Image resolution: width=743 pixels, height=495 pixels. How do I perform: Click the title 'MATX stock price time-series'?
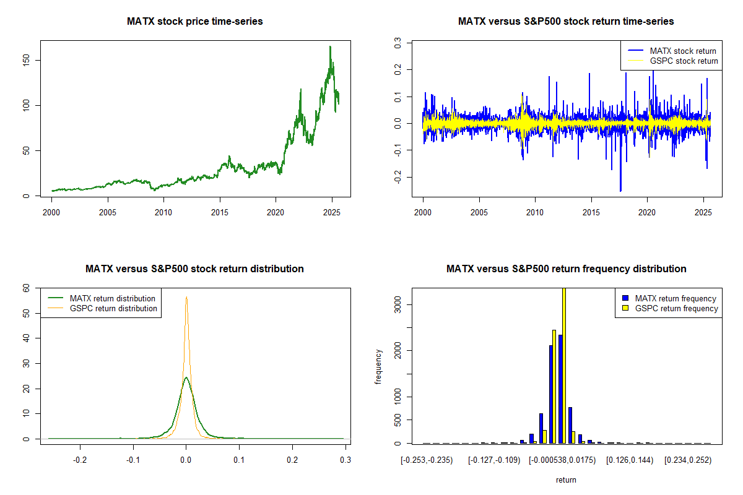[x=195, y=22]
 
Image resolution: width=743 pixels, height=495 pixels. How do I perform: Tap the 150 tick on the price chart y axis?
[x=28, y=60]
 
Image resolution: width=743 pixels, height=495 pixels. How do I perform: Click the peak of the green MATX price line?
[x=330, y=46]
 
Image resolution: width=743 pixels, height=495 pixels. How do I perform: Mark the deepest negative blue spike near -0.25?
[x=620, y=191]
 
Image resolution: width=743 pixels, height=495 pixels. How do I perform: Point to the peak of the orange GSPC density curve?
[x=186, y=298]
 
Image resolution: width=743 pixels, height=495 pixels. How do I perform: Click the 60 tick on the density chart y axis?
[x=27, y=288]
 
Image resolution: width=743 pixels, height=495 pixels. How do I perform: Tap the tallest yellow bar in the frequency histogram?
[x=563, y=365]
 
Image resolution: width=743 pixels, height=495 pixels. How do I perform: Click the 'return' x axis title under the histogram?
[x=566, y=480]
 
